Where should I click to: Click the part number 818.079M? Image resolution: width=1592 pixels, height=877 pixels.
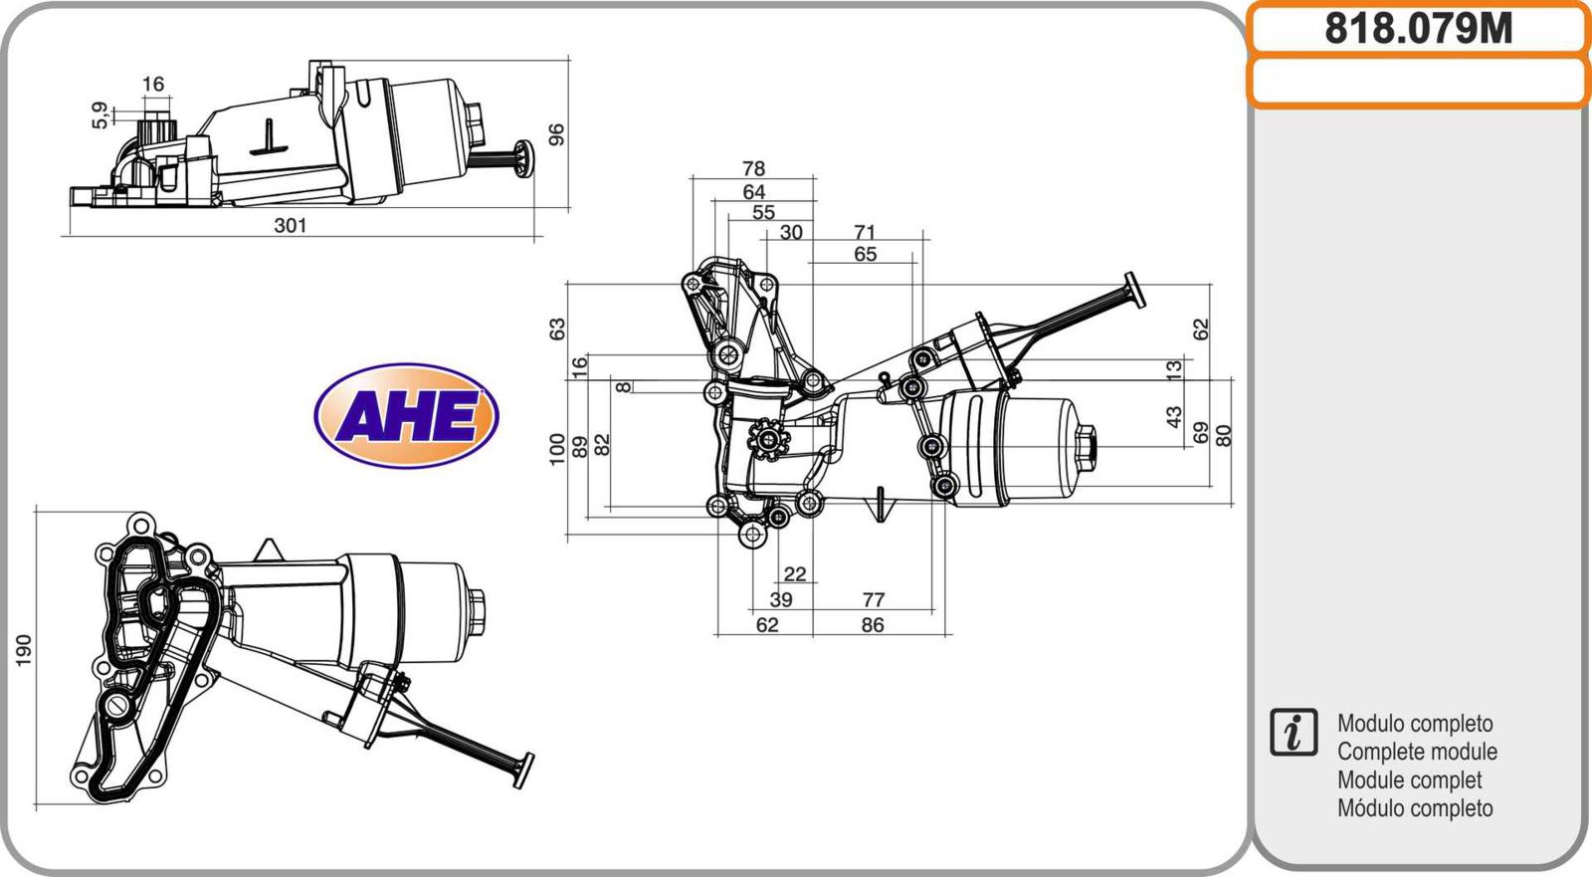(x=1419, y=29)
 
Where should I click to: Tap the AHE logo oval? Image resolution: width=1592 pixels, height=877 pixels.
(x=407, y=415)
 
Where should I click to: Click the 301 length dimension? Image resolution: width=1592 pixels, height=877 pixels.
(x=290, y=226)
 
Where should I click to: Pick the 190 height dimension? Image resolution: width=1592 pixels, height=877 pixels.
(x=24, y=650)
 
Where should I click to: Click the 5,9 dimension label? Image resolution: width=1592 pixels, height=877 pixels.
(x=100, y=115)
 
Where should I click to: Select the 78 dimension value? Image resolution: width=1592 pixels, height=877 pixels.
(x=753, y=168)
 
